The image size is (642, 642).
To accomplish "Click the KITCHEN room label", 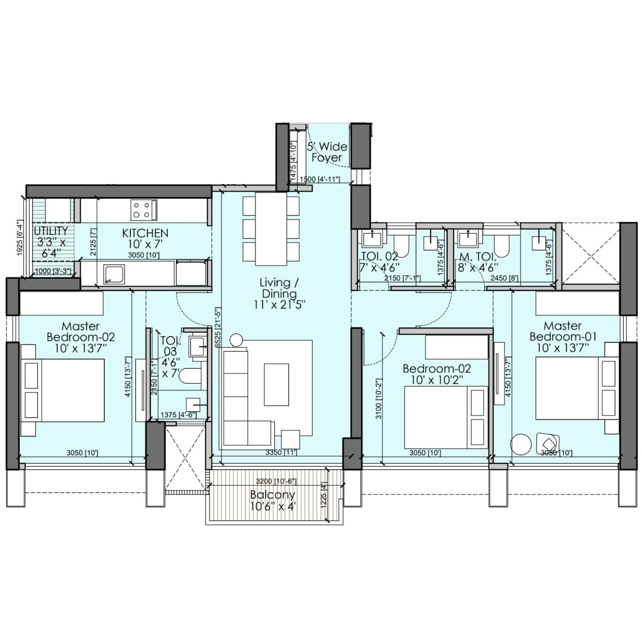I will [x=145, y=233].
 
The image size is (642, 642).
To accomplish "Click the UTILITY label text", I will [x=51, y=231].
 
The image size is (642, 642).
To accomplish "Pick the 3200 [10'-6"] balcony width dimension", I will [x=276, y=481].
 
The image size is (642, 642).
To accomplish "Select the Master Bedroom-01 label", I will [x=562, y=331].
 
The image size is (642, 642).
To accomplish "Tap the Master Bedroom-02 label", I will [x=80, y=332].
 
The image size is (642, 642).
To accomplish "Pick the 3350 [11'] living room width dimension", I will [x=281, y=453].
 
